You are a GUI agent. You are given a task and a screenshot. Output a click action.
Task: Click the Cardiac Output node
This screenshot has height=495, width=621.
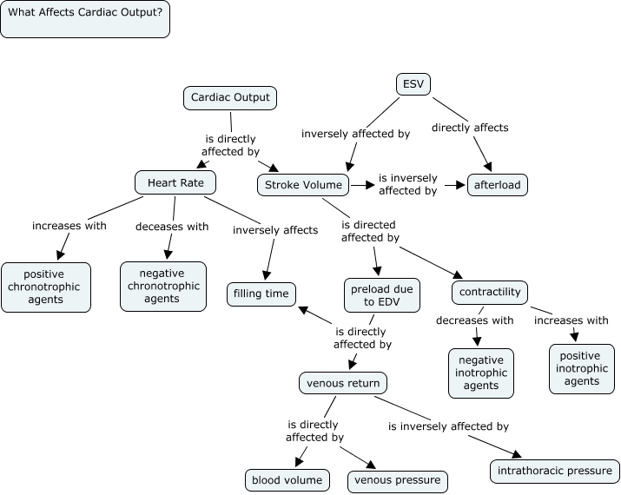(x=230, y=98)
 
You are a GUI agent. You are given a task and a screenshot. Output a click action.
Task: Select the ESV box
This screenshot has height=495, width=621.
(x=413, y=84)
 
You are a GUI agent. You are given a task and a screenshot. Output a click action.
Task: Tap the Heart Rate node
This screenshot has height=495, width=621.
(x=175, y=182)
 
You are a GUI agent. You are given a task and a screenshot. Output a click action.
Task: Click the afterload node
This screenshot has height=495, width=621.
(x=498, y=185)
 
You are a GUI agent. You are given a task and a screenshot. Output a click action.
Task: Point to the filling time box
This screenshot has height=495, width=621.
(x=261, y=294)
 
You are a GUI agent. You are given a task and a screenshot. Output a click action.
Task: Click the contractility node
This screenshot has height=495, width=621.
(x=490, y=293)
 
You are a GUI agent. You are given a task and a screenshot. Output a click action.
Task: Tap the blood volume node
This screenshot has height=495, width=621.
(x=287, y=480)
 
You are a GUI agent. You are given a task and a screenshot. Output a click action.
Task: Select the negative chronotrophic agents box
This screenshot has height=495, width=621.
(x=163, y=287)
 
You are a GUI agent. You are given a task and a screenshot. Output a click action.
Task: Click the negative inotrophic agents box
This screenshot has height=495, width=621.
(x=481, y=373)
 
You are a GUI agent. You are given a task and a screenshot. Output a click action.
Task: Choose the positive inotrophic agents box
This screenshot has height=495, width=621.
(x=581, y=368)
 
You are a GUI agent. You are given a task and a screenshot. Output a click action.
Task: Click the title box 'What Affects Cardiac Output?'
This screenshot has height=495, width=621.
(x=85, y=18)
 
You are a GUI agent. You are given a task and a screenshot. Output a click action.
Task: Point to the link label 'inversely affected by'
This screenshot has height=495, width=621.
(x=355, y=134)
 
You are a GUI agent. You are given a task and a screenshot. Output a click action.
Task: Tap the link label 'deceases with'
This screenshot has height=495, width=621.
(x=172, y=227)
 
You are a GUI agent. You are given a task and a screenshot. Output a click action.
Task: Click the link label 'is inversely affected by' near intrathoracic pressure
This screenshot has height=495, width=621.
(x=448, y=426)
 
